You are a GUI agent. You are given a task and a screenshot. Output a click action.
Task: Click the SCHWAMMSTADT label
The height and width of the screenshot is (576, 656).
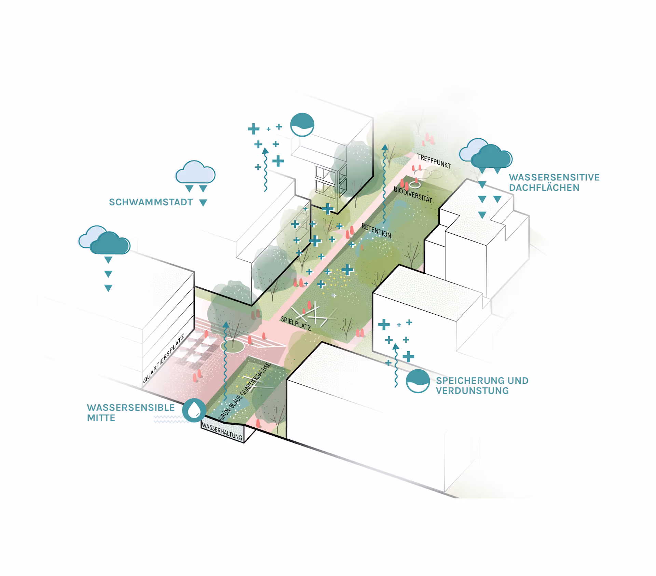151,202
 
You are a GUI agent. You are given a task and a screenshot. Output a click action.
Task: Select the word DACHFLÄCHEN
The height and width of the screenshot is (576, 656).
544,188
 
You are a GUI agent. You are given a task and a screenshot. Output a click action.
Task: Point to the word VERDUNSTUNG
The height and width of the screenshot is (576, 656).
472,390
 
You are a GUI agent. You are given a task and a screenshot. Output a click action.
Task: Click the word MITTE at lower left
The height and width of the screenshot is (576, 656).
101,418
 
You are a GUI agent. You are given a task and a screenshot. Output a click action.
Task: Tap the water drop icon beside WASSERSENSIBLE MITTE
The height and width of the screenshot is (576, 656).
194,410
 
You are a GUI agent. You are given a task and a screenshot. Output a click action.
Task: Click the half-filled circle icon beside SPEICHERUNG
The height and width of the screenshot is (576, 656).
418,381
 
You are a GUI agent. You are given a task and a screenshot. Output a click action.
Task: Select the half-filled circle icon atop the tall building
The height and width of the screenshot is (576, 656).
302,125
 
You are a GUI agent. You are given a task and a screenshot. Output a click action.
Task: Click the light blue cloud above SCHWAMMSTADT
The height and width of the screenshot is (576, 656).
195,173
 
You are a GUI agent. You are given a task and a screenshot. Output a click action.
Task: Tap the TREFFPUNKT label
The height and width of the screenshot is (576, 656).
434,161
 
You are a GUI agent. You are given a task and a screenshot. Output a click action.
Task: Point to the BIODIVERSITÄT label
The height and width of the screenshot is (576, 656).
413,194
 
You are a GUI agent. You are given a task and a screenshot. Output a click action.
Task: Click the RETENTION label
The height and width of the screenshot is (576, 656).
376,231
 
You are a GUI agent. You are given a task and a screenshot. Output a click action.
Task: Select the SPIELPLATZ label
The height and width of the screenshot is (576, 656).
296,323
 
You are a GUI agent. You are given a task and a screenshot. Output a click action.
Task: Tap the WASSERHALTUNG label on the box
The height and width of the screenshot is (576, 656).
222,431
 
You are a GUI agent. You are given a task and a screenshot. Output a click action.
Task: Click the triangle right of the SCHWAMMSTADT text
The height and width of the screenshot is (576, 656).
203,203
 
